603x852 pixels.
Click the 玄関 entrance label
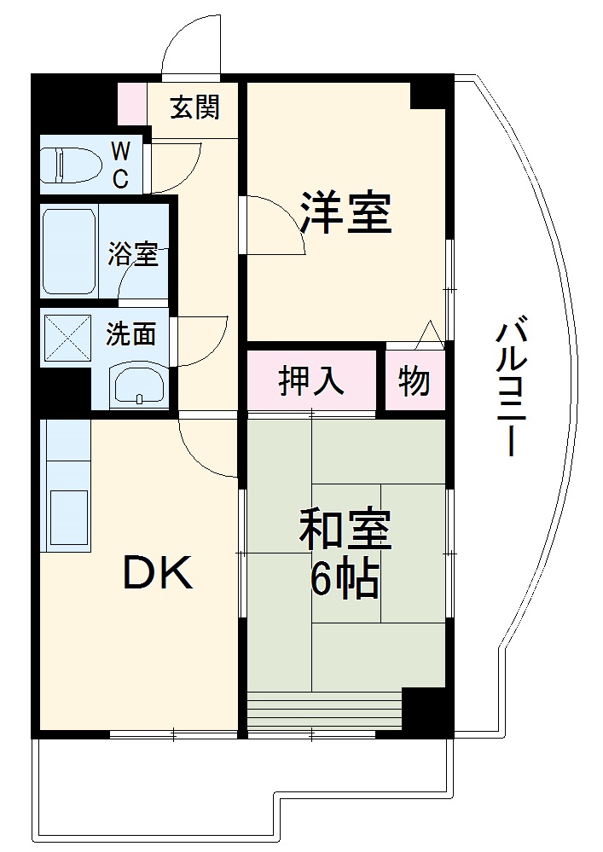(x=195, y=108)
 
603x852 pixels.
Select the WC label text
(x=121, y=165)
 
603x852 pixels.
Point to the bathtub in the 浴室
(x=69, y=251)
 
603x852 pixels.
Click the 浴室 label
(x=132, y=254)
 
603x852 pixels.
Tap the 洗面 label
(x=130, y=334)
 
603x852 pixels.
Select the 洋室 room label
(x=345, y=212)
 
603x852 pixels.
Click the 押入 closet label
(x=311, y=381)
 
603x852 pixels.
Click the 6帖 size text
(x=345, y=581)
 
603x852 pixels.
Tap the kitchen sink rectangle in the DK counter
(x=67, y=516)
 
